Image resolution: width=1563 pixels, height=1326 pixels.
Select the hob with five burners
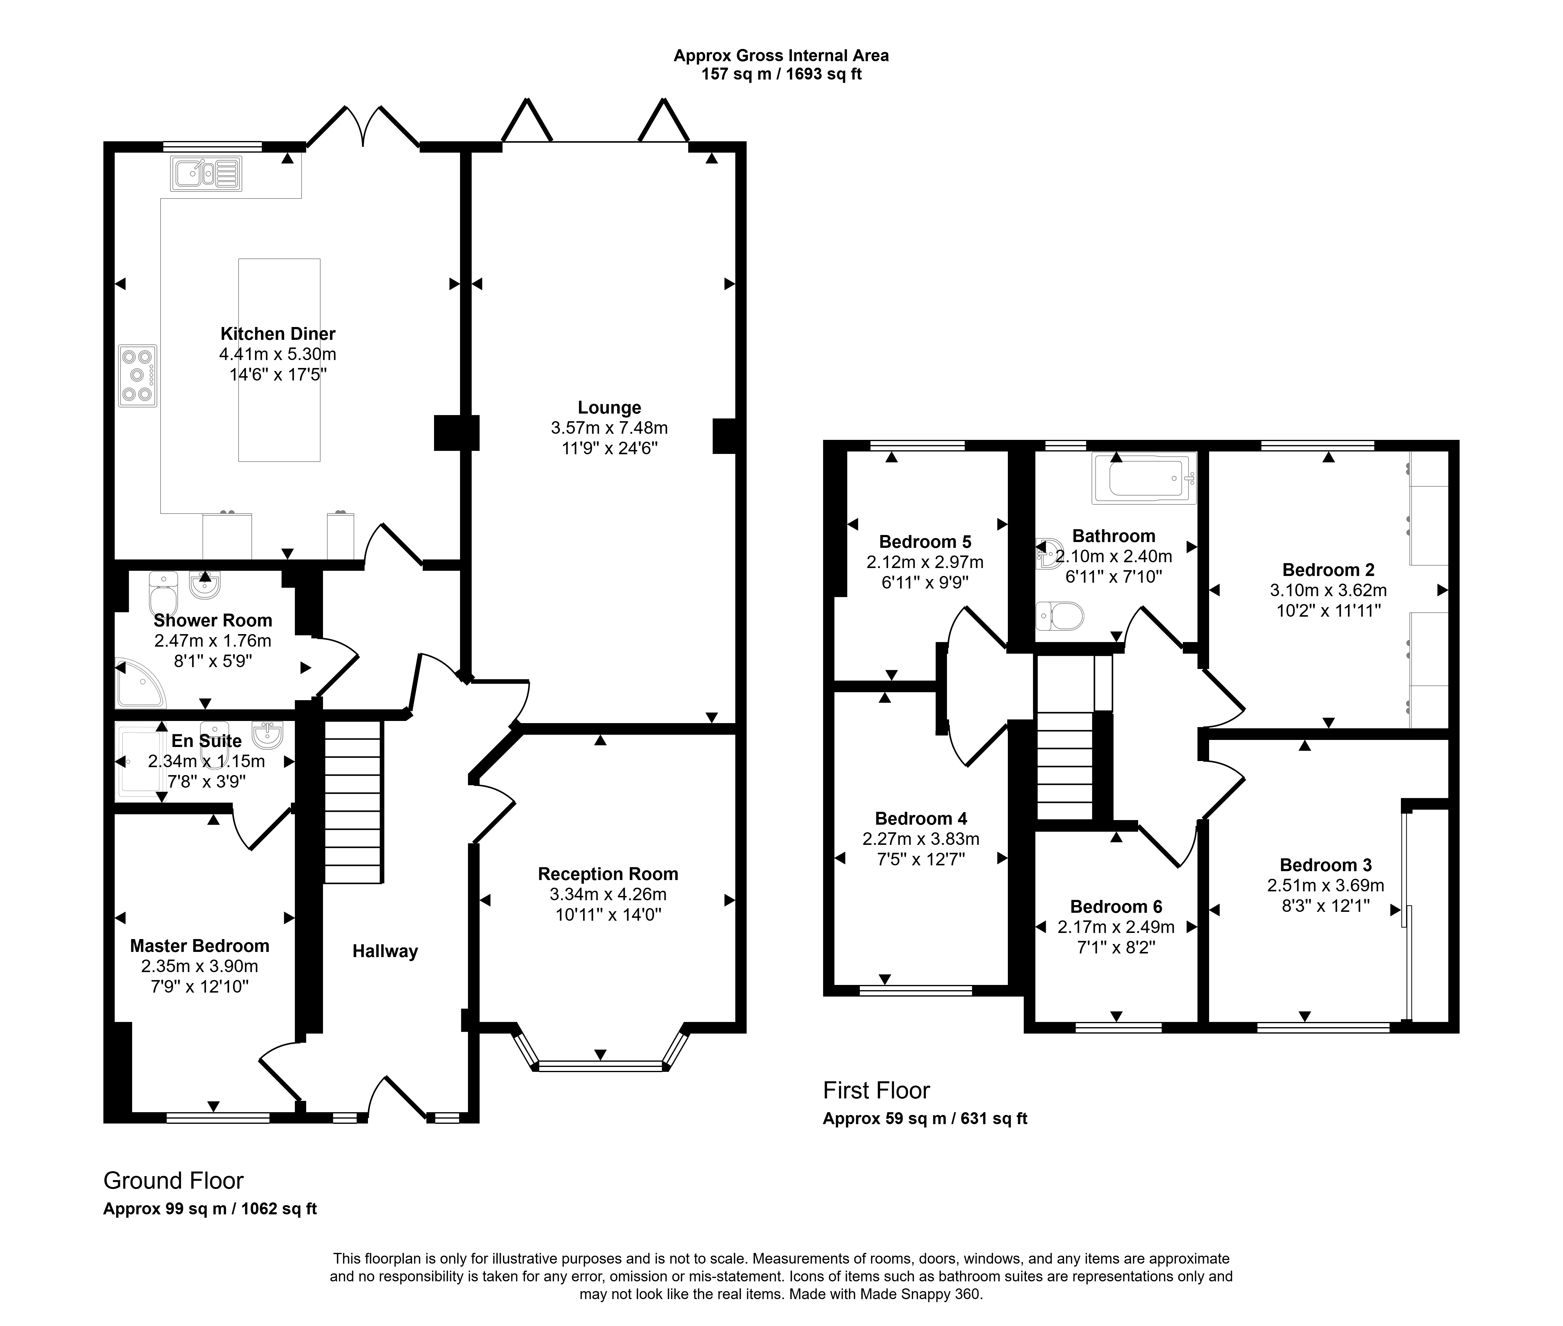pyautogui.click(x=138, y=376)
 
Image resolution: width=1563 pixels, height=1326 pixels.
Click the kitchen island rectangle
pyautogui.click(x=279, y=360)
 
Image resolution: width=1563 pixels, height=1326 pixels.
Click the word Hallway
pyautogui.click(x=385, y=952)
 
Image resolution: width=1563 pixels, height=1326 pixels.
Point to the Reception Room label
pyautogui.click(x=608, y=874)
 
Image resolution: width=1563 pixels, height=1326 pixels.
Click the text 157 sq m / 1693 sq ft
pyautogui.click(x=781, y=74)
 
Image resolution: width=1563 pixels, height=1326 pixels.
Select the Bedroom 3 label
pyautogui.click(x=1325, y=865)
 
